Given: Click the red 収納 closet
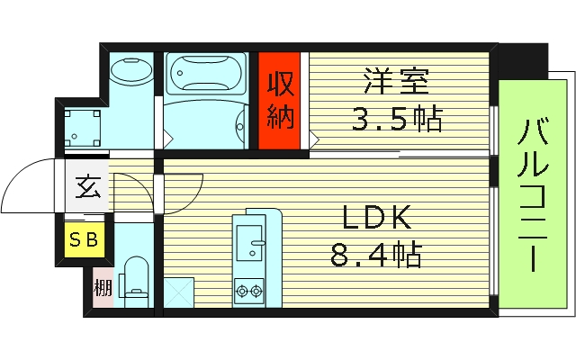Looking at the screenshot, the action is (x=279, y=101).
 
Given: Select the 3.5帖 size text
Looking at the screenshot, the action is (x=397, y=119).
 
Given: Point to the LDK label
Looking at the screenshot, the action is (x=376, y=217).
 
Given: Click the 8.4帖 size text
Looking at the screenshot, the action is (x=376, y=255).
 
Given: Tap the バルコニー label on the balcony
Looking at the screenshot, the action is (x=533, y=194).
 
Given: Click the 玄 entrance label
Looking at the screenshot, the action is (x=88, y=187).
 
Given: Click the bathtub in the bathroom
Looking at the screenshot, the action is (x=206, y=74).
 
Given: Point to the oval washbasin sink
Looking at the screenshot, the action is (x=131, y=70).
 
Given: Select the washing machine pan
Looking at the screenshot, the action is (x=83, y=129).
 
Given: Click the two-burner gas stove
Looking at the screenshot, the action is (x=249, y=292).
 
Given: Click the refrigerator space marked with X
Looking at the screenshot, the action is (x=178, y=292).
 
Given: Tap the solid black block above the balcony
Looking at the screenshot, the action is (x=523, y=60).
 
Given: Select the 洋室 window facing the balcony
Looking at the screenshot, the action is (x=494, y=130).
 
